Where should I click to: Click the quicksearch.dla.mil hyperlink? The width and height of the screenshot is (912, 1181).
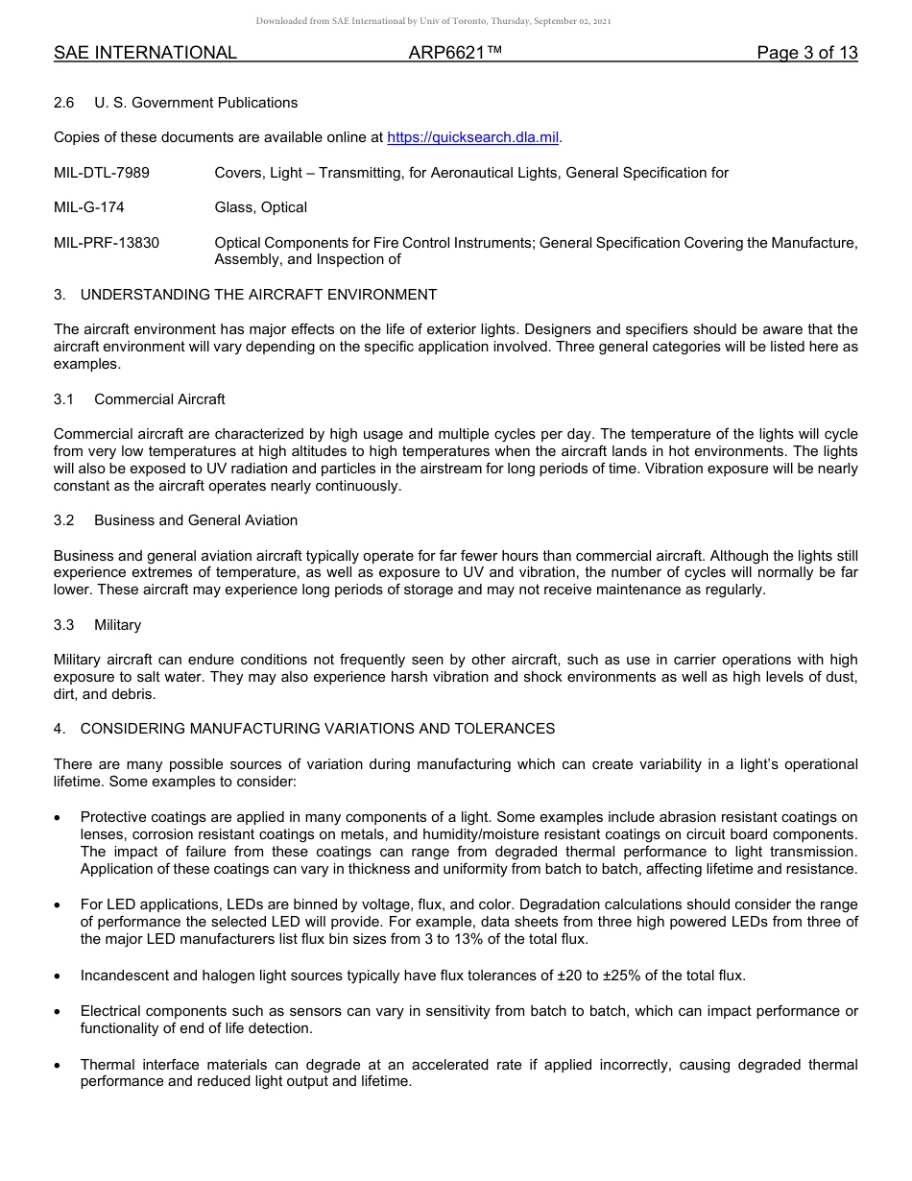[472, 138]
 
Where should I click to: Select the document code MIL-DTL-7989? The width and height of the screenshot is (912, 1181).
[102, 173]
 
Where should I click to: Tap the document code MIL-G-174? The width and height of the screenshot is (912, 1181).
[89, 207]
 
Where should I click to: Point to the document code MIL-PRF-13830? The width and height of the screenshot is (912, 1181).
[107, 243]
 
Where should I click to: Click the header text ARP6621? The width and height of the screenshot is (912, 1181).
[455, 54]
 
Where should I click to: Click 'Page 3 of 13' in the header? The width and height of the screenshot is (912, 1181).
[806, 54]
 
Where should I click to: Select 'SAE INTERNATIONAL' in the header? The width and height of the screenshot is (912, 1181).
[145, 54]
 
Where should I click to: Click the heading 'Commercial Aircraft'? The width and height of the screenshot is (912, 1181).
[159, 399]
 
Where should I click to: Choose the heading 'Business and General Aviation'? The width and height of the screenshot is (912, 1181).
[196, 520]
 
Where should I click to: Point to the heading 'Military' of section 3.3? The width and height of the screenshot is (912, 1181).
[117, 625]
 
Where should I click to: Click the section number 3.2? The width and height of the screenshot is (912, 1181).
[64, 520]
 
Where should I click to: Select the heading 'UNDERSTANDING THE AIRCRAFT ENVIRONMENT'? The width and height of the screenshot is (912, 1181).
[258, 295]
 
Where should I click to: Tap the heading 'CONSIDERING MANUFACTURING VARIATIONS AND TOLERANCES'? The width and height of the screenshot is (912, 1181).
[318, 729]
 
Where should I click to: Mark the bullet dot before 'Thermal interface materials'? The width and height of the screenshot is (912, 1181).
[59, 1065]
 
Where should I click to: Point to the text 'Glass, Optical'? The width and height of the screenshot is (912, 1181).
[261, 207]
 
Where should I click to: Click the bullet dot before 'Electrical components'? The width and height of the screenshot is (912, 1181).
[59, 1012]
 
